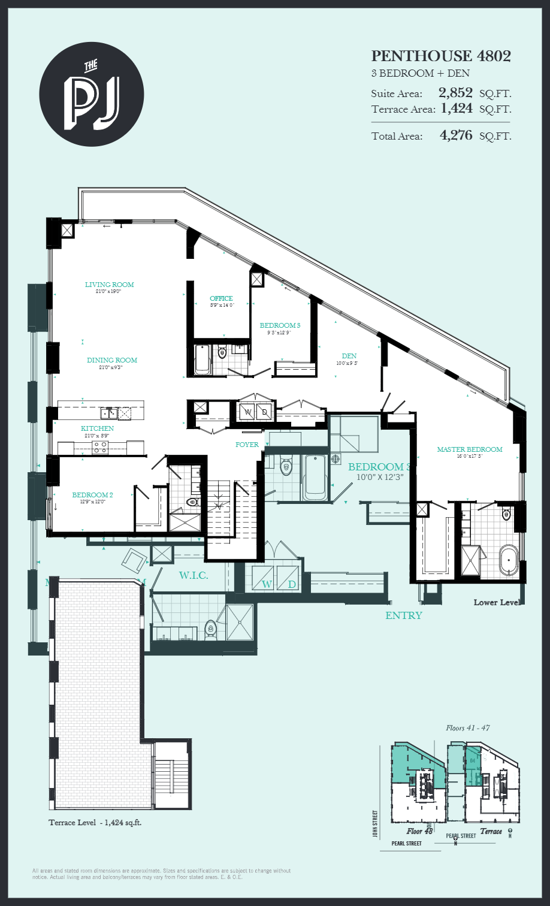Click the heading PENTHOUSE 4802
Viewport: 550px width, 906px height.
coord(441,56)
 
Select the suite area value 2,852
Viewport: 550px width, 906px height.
coord(455,93)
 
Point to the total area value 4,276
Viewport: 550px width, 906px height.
coord(456,135)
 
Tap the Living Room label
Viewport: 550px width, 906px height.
coord(109,285)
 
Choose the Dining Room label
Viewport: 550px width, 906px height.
coord(111,360)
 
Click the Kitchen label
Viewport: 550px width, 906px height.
coord(97,428)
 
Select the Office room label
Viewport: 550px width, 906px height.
coord(221,298)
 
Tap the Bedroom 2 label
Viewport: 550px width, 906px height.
coord(92,495)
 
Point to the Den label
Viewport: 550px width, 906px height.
coord(350,356)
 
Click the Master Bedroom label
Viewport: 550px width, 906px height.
coord(469,449)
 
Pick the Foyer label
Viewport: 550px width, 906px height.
coord(247,445)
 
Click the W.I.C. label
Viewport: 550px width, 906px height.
coord(194,576)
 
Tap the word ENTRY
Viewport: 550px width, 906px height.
coord(403,615)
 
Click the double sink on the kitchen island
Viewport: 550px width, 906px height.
coord(108,412)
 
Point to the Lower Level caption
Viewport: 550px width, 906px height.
coord(496,602)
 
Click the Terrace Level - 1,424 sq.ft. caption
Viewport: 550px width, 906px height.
coord(95,823)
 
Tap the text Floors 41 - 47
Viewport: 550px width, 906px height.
coord(468,728)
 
